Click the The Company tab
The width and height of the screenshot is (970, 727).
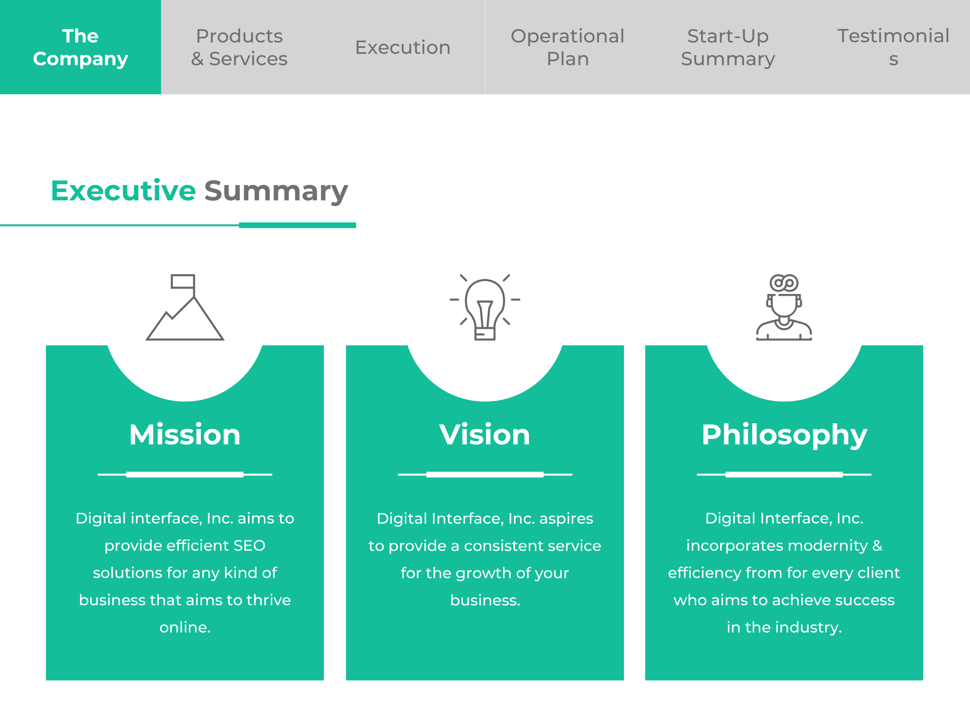[80, 47]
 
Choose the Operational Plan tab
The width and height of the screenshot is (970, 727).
[567, 47]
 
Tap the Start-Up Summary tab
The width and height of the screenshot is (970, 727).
[728, 47]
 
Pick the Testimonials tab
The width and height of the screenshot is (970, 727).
[893, 47]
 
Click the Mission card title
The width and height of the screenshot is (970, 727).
[185, 435]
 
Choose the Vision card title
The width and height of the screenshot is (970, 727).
[485, 435]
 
